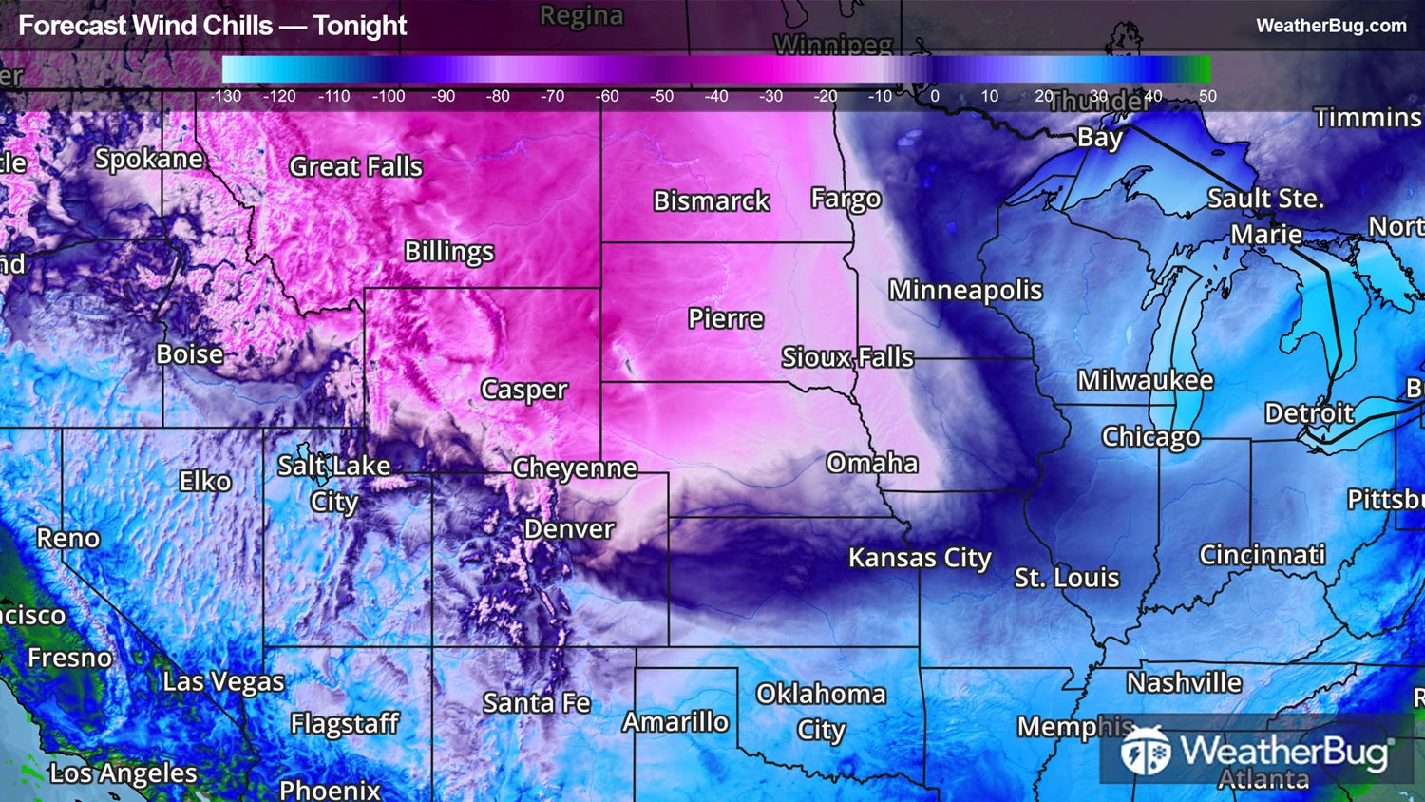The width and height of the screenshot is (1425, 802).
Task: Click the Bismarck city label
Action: click(x=712, y=200)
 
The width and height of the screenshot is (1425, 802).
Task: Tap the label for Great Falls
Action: click(x=355, y=166)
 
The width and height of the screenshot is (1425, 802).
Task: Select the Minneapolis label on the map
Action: click(x=965, y=290)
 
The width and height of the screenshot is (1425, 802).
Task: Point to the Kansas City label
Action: click(x=920, y=558)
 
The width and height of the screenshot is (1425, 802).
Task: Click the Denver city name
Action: click(x=569, y=528)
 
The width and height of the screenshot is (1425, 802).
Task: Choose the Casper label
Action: click(x=523, y=390)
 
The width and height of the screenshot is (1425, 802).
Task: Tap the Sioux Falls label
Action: click(x=847, y=357)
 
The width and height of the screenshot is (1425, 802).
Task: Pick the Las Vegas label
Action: click(x=223, y=681)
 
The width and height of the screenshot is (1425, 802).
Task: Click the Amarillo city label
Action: click(x=675, y=722)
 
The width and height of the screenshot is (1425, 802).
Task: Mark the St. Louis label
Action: click(x=1067, y=578)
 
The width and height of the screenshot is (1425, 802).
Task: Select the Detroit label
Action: click(x=1309, y=413)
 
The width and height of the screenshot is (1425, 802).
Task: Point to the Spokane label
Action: click(x=149, y=159)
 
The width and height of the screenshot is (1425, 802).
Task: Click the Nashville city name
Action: click(x=1184, y=682)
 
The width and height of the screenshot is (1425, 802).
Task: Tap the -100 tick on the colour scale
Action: click(x=388, y=96)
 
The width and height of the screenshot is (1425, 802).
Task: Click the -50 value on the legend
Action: click(x=661, y=96)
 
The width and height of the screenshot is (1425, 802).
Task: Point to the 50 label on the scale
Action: click(x=1207, y=96)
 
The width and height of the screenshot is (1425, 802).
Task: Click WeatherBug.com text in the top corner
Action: click(x=1331, y=26)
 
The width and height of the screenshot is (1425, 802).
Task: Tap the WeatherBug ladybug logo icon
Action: click(x=1145, y=751)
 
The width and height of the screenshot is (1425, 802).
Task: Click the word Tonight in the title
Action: click(x=360, y=26)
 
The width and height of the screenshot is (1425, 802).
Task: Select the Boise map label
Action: click(x=190, y=354)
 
